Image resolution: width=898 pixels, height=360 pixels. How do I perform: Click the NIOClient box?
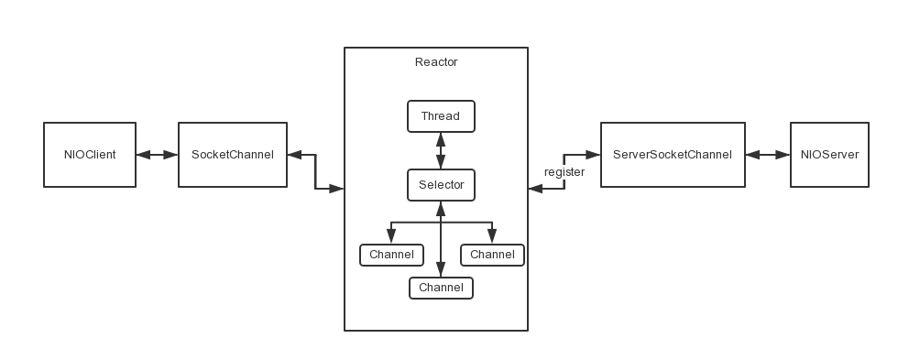pos(90,155)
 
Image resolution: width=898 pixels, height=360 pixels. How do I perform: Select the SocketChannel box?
pos(232,155)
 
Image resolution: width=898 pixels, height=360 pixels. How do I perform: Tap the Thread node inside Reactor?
pos(441,116)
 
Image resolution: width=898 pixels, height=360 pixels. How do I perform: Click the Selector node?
pos(441,185)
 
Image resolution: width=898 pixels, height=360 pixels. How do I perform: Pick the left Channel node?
pos(391,255)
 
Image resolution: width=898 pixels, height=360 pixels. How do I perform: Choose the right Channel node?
pos(492,255)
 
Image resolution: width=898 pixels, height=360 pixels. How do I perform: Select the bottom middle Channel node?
pos(441,288)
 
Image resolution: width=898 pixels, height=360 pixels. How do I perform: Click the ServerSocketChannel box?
pos(673,155)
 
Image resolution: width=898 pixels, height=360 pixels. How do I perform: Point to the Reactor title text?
pos(436,62)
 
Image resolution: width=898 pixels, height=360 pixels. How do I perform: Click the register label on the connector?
pos(564,172)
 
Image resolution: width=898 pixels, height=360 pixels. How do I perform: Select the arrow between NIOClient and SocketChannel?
pos(157,155)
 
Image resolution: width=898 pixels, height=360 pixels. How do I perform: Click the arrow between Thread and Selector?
pos(441,150)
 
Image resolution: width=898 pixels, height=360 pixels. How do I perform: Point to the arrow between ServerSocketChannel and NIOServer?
pos(768,155)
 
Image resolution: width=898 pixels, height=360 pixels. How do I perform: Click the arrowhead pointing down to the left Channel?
pos(391,237)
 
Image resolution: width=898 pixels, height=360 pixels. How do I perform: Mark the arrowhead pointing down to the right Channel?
pos(492,237)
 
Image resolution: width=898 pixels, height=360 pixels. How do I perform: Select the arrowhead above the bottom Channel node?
pos(441,269)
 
